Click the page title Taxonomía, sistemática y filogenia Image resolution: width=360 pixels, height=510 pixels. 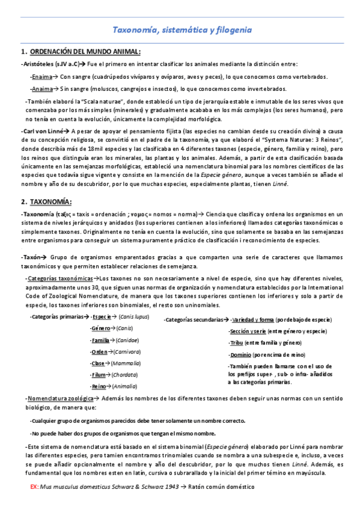(x=183, y=29)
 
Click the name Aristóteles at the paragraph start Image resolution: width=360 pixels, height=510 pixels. (x=37, y=64)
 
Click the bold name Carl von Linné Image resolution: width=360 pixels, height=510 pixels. (x=45, y=131)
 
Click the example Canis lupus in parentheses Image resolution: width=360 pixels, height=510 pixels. (x=134, y=316)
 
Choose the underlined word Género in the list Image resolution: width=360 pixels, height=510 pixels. (x=100, y=329)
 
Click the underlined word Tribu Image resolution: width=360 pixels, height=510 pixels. (x=237, y=343)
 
